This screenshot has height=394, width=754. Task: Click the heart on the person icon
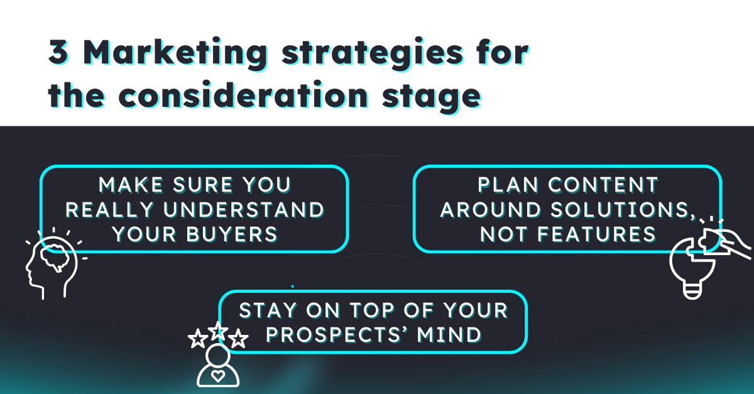[x=217, y=376]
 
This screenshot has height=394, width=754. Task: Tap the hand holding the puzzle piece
[x=735, y=242]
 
